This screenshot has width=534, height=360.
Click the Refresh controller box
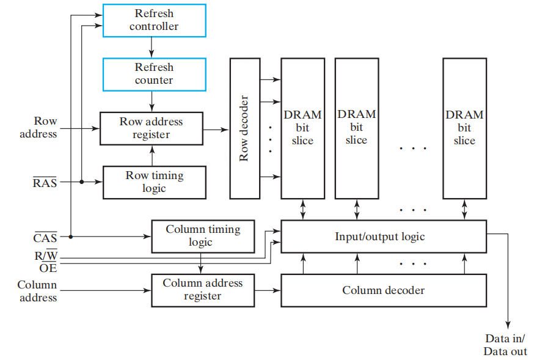tap(154, 20)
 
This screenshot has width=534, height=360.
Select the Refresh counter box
tap(154, 74)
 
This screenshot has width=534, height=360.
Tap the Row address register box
tap(151, 128)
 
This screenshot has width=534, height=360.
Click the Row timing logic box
tap(154, 182)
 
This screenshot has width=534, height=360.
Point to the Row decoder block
tap(244, 128)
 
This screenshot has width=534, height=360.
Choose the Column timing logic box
tap(203, 236)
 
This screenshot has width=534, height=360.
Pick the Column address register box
tap(203, 290)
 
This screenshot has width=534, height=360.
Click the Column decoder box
tap(383, 290)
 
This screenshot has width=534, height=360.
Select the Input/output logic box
tap(383, 237)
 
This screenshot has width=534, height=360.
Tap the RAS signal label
tap(45, 182)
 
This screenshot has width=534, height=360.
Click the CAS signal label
tap(45, 237)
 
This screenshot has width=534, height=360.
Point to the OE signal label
tap(48, 268)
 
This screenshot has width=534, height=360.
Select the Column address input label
tap(37, 291)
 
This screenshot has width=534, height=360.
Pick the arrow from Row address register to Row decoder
tap(216, 129)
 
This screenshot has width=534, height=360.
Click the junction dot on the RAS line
tap(81, 182)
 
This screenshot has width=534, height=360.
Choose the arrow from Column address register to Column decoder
tap(268, 290)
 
